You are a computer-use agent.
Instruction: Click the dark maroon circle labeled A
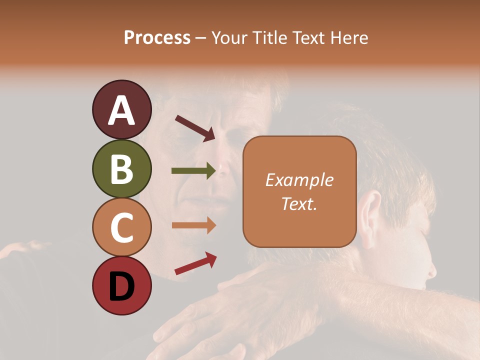[x=121, y=109]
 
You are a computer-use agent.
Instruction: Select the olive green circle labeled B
[x=121, y=168]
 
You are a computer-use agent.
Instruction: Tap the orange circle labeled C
[x=121, y=227]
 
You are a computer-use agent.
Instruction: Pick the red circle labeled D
[x=121, y=285]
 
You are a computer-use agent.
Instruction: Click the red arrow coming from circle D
[x=195, y=263]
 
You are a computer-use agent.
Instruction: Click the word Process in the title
[x=157, y=38]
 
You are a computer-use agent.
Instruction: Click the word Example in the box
[x=299, y=180]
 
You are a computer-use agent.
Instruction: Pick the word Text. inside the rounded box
[x=299, y=203]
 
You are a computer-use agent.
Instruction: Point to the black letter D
[x=121, y=286]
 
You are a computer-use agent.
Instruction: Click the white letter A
[x=121, y=110]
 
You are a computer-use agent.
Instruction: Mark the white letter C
[x=121, y=227]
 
